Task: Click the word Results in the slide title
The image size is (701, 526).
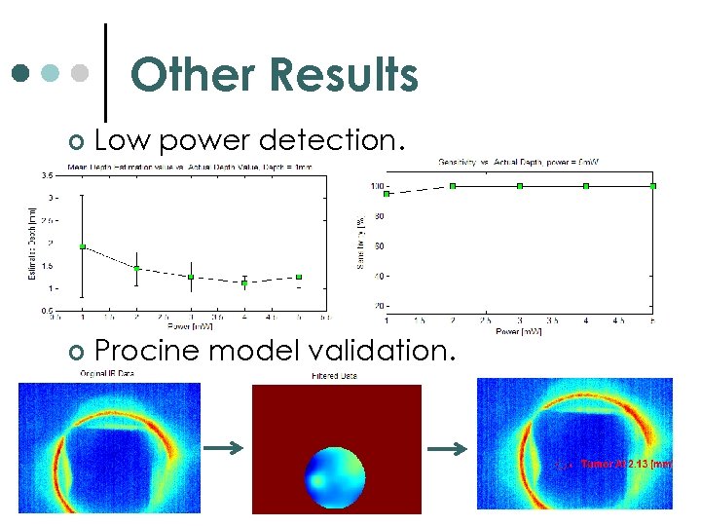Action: click(x=345, y=75)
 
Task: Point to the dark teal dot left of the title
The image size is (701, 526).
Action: click(x=20, y=74)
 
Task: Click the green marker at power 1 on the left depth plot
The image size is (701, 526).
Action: click(x=83, y=246)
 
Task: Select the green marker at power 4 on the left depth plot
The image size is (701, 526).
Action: click(x=244, y=282)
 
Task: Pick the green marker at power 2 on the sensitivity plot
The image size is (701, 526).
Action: click(x=453, y=185)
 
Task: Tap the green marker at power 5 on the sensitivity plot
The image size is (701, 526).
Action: click(x=653, y=185)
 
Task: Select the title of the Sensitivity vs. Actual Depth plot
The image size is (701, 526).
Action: click(x=518, y=161)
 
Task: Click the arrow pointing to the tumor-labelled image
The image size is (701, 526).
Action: click(x=448, y=448)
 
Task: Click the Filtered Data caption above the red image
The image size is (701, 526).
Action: click(x=335, y=375)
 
